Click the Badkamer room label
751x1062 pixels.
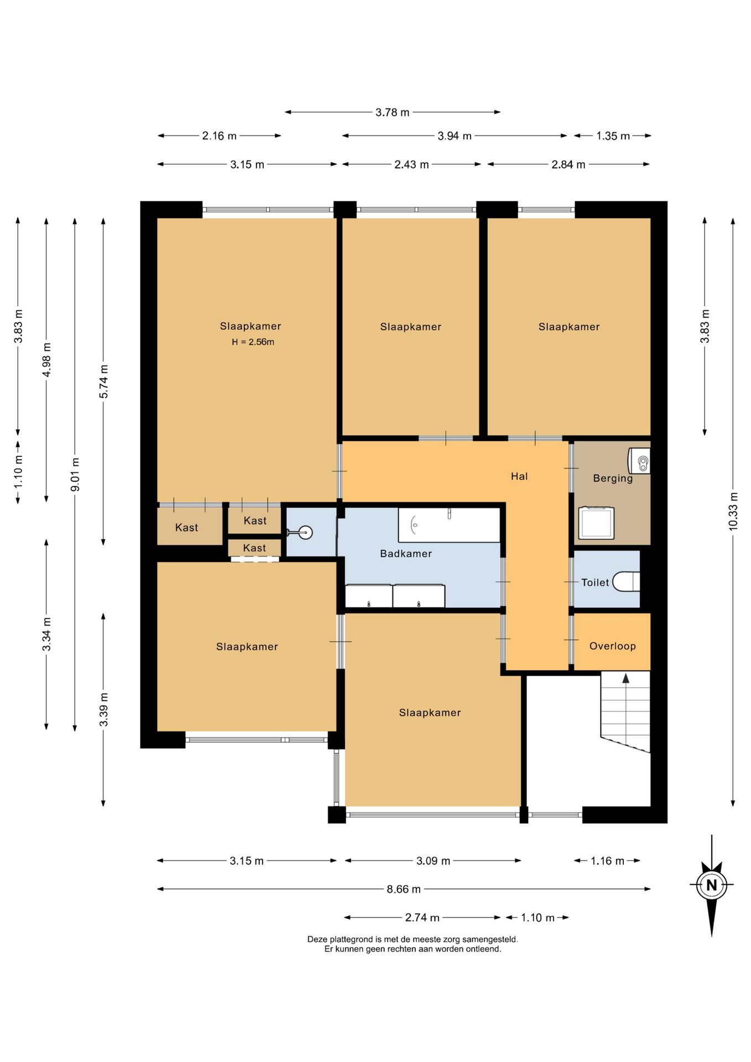click(405, 554)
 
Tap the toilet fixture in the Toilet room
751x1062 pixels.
click(627, 582)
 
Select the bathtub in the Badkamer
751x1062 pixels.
click(449, 524)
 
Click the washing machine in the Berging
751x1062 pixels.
click(596, 522)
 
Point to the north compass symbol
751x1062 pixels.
click(712, 885)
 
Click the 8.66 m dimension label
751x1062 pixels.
click(404, 889)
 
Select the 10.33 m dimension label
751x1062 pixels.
click(733, 512)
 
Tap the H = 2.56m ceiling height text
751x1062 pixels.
click(253, 342)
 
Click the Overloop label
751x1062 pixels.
click(612, 646)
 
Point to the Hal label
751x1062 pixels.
click(519, 476)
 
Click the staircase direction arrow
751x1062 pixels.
click(625, 679)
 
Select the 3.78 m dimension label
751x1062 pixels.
click(393, 112)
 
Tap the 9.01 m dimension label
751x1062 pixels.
click(75, 475)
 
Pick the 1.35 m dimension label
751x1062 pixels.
click(613, 136)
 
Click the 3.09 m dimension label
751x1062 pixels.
click(433, 861)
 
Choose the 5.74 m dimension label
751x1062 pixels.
click(103, 382)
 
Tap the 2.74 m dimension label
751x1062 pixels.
click(422, 918)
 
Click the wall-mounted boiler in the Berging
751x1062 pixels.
click(639, 461)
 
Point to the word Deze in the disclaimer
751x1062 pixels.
click(317, 939)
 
